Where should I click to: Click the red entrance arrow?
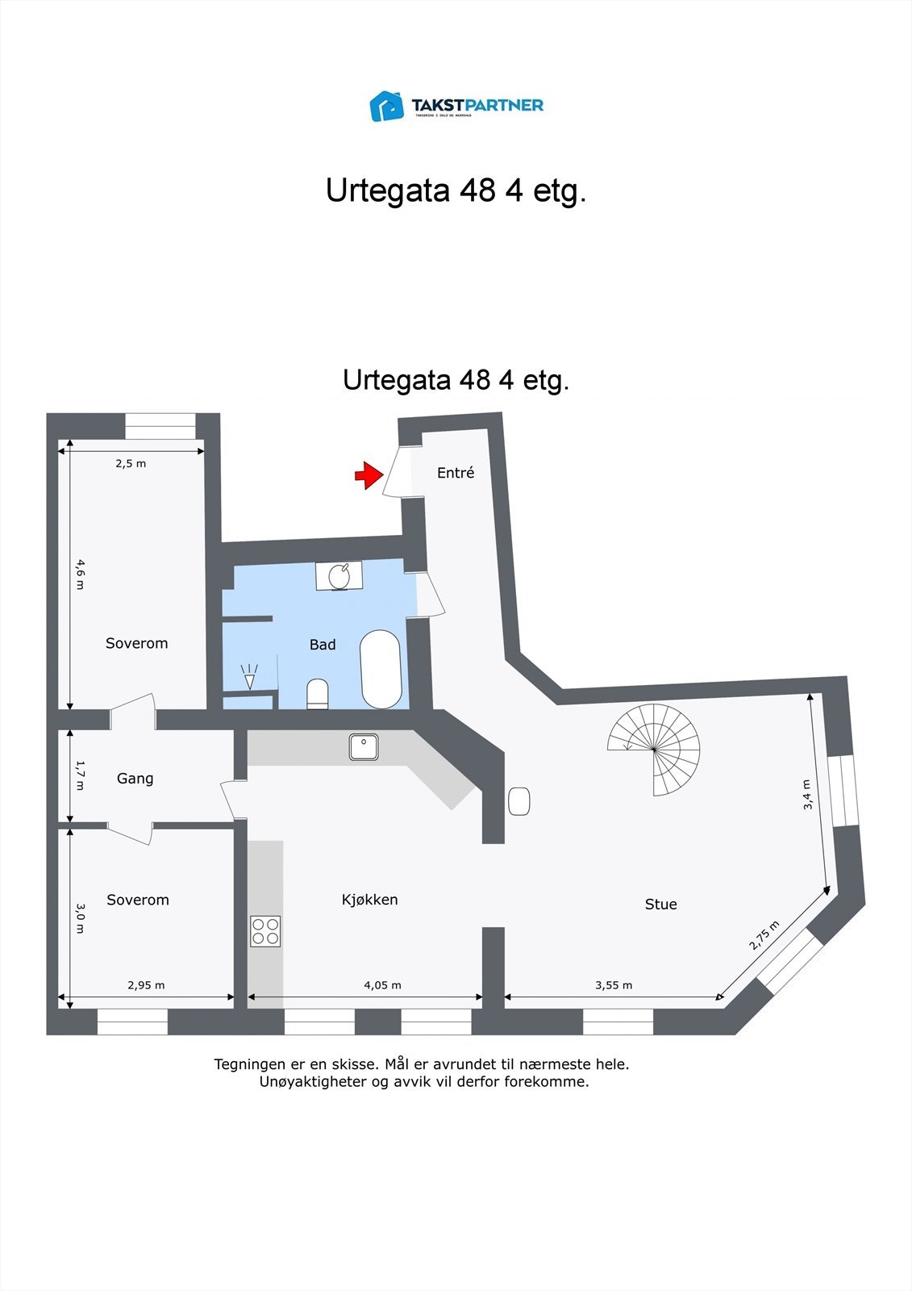coord(368,475)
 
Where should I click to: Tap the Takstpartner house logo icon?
coord(386,106)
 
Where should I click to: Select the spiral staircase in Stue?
coord(654,750)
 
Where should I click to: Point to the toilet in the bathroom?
coord(318,693)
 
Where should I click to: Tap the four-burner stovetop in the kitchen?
coord(265,930)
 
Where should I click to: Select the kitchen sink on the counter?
coord(364,746)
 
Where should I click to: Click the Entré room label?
coord(456,473)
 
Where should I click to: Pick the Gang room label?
coord(135,779)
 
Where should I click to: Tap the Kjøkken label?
coord(369,900)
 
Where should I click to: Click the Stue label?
coord(660,905)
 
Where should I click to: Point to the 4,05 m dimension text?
coord(382,985)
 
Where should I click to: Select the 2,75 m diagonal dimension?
coord(764,935)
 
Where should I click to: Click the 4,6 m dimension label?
coord(79,574)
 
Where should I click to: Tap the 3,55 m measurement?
coord(614,985)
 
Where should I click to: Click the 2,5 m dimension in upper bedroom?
coord(131,463)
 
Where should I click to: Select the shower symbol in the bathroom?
coord(249,677)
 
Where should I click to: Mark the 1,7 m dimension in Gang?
coord(79,774)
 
